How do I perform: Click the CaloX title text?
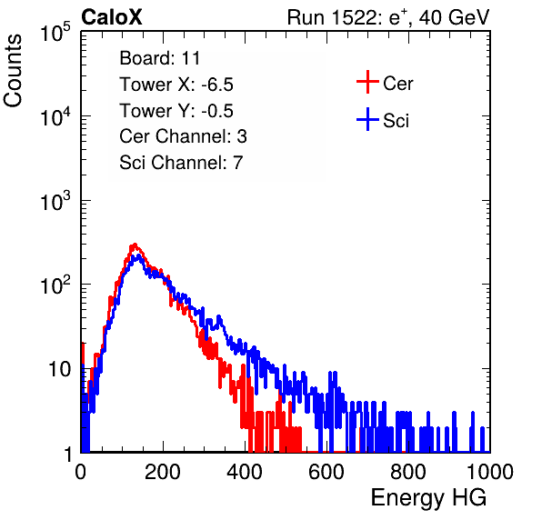[112, 17]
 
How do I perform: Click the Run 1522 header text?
[388, 17]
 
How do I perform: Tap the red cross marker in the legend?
[367, 82]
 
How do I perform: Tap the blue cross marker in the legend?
[367, 119]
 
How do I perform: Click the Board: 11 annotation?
[160, 58]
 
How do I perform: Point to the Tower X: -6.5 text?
[176, 85]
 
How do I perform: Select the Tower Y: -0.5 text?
[176, 111]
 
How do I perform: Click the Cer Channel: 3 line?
[183, 136]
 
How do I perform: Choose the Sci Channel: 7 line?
[181, 163]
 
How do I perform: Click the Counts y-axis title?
[13, 71]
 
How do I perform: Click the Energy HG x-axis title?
[428, 498]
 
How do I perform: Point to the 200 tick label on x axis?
[163, 472]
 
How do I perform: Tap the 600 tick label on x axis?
[326, 472]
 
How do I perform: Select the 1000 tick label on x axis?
[490, 472]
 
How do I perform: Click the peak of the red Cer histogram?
[135, 245]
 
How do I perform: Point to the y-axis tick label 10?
[59, 369]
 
